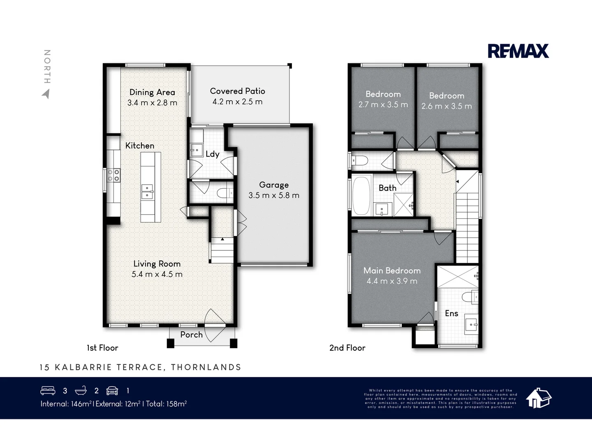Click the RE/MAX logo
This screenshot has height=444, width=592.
pos(518,51)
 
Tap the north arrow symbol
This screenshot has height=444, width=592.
pos(46,94)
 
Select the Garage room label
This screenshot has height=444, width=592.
pos(274,185)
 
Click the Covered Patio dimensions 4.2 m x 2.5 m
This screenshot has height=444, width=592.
pos(237,102)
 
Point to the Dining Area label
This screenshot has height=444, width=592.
pos(152,92)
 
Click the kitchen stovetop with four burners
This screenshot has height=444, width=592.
pos(113,176)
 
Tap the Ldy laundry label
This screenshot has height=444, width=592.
pos(213,154)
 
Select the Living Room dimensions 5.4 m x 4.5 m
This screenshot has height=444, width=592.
pos(157,274)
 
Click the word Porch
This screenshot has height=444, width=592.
pos(191,335)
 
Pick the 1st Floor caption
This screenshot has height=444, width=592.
pos(102,348)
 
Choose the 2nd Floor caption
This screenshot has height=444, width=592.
pos(347,348)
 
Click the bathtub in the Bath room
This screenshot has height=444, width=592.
pos(361,196)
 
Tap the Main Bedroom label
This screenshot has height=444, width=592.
pos(392,271)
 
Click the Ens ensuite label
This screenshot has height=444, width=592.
pos(451,313)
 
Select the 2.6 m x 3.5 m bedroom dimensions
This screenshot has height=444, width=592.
pos(446,106)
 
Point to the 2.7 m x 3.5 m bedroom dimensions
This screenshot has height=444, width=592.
pos(383,104)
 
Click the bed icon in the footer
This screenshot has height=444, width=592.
pos(48,391)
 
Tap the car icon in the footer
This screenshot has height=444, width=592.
pos(112,391)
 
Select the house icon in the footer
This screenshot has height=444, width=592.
pos(539,398)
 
